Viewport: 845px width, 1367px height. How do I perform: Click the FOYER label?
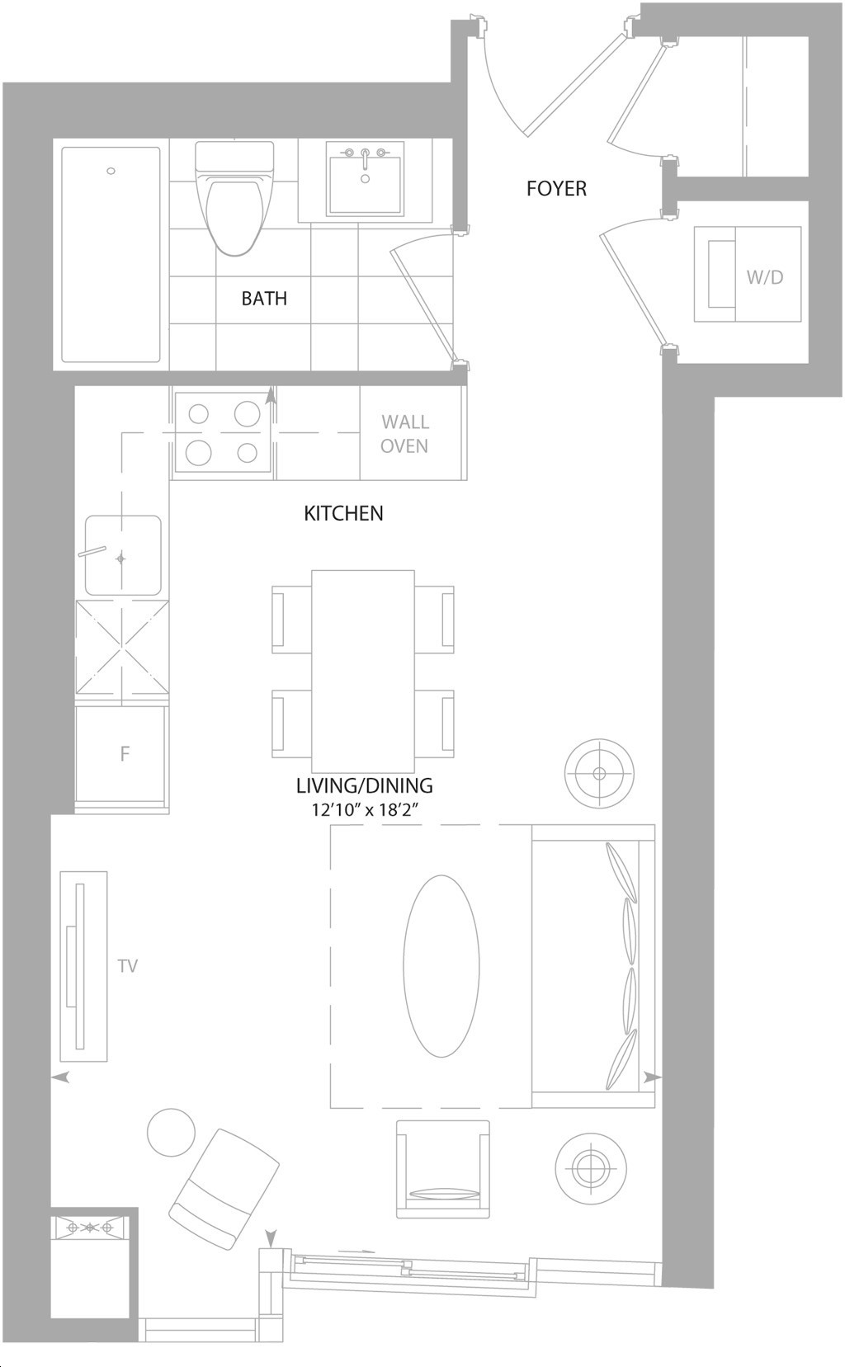click(556, 189)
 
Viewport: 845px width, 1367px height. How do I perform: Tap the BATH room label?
click(264, 299)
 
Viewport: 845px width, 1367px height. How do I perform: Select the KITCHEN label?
click(344, 513)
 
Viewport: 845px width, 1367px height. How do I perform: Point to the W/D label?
click(764, 278)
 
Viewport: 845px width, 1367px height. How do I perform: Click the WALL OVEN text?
click(405, 434)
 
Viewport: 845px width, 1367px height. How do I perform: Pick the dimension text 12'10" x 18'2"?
click(368, 810)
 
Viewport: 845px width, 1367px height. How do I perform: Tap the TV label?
click(128, 965)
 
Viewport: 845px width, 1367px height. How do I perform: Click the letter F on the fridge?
click(125, 754)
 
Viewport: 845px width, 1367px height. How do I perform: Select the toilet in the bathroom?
click(234, 198)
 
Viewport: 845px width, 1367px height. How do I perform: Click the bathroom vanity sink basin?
click(365, 180)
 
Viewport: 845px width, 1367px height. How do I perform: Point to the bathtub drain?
click(111, 172)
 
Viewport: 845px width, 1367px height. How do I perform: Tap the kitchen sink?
click(123, 555)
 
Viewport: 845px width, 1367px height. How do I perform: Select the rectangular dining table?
click(362, 672)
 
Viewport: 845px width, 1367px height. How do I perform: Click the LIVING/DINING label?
click(365, 785)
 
